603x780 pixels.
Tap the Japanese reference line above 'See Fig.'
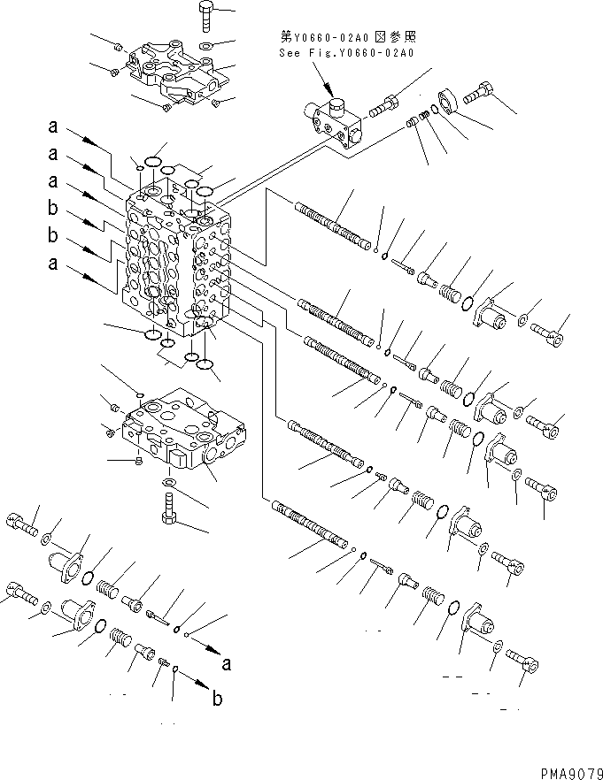(347, 37)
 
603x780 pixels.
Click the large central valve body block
(177, 265)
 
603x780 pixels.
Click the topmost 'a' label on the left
(54, 129)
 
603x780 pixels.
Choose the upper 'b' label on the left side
(54, 210)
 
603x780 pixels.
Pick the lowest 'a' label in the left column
(54, 263)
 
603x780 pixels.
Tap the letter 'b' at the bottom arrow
(217, 700)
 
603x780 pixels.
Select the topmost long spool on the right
(331, 226)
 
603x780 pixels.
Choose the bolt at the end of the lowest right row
(522, 662)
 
